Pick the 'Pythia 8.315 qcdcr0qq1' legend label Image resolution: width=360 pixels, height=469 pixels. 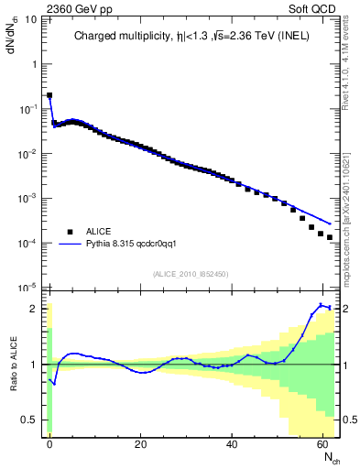pyautogui.click(x=136, y=245)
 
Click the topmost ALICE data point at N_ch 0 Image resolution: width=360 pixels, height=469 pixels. pyautogui.click(x=49, y=95)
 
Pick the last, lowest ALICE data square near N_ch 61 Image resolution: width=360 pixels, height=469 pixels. pyautogui.click(x=329, y=236)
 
